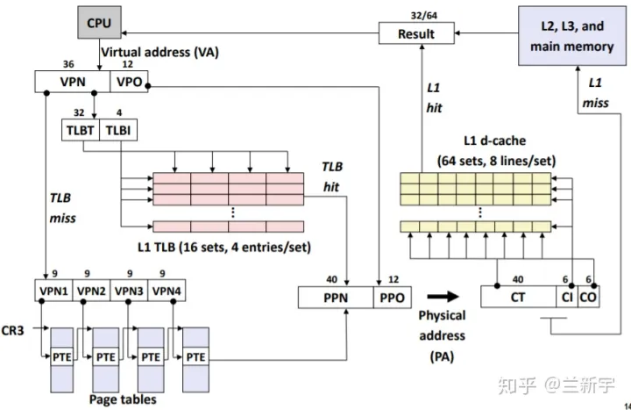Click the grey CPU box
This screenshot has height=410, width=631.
tap(98, 23)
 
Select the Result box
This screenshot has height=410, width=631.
tap(417, 33)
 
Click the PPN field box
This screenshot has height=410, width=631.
tap(337, 298)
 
